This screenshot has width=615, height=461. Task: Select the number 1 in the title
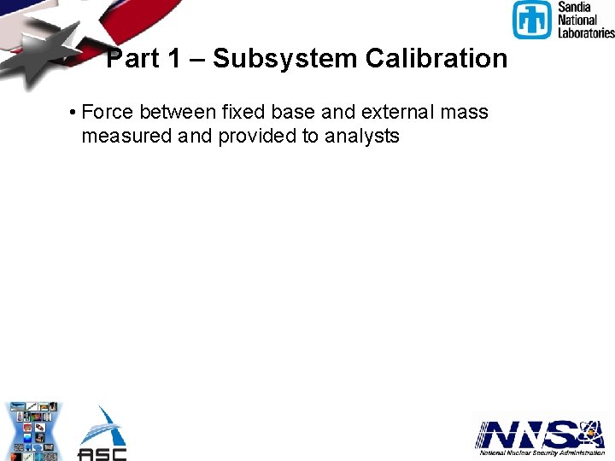[174, 59]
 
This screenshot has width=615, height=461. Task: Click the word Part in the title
[132, 59]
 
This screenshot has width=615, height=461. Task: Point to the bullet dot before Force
[75, 113]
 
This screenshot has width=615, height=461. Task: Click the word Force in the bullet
[108, 112]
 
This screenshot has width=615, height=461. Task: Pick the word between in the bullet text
[178, 112]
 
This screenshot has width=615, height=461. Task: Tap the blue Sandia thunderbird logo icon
[533, 20]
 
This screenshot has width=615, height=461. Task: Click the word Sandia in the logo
[574, 7]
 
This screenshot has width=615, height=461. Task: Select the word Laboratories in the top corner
[586, 32]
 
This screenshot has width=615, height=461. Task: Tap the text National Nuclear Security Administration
[542, 453]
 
